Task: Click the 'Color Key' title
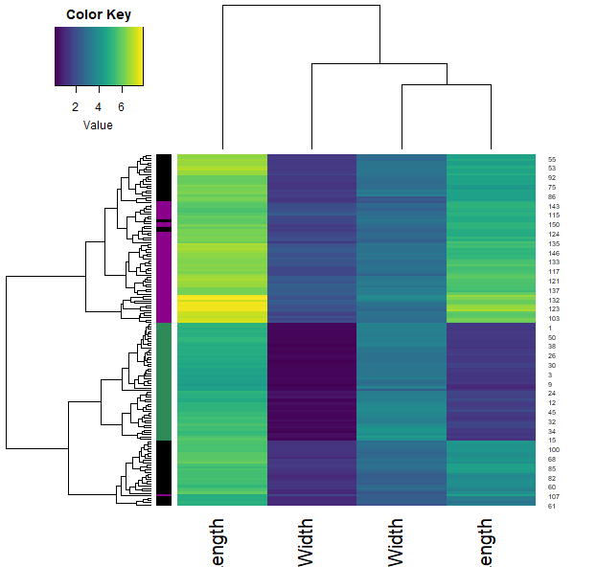pyautogui.click(x=99, y=15)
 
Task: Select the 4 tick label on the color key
pyautogui.click(x=98, y=107)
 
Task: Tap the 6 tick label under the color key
pyautogui.click(x=121, y=107)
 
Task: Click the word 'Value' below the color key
pyautogui.click(x=98, y=125)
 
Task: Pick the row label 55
pyautogui.click(x=552, y=159)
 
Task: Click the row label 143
pyautogui.click(x=554, y=206)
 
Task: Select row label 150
pyautogui.click(x=554, y=224)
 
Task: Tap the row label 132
pyautogui.click(x=554, y=300)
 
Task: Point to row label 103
pyautogui.click(x=554, y=318)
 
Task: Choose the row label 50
pyautogui.click(x=552, y=337)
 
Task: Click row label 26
pyautogui.click(x=552, y=355)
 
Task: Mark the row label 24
pyautogui.click(x=552, y=393)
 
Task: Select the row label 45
pyautogui.click(x=552, y=412)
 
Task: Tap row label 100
pyautogui.click(x=554, y=449)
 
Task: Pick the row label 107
pyautogui.click(x=554, y=496)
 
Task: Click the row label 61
pyautogui.click(x=552, y=506)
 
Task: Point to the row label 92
pyautogui.click(x=552, y=178)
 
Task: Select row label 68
pyautogui.click(x=552, y=459)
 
